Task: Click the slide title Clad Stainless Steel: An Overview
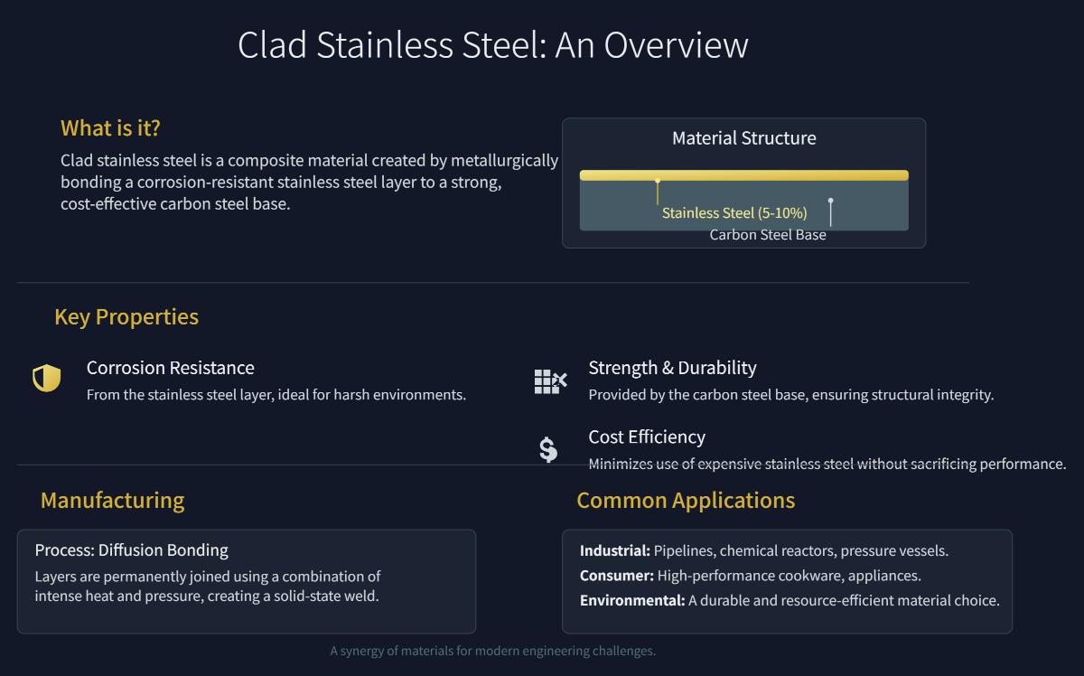492,45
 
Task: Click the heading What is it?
110,128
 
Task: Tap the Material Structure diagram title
743,138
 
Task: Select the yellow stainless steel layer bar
743,175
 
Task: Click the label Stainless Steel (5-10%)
734,213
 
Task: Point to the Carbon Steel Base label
767,235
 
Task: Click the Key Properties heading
126,317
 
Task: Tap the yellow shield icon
46,379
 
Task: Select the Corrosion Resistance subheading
170,368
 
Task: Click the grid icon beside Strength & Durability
549,381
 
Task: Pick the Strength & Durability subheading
672,368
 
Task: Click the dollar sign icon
548,449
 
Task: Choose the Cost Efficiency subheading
647,437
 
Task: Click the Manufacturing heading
112,501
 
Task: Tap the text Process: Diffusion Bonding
131,550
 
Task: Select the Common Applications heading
686,501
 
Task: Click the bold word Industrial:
614,551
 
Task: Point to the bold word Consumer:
616,576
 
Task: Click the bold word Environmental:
631,600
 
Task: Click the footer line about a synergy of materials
492,651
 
